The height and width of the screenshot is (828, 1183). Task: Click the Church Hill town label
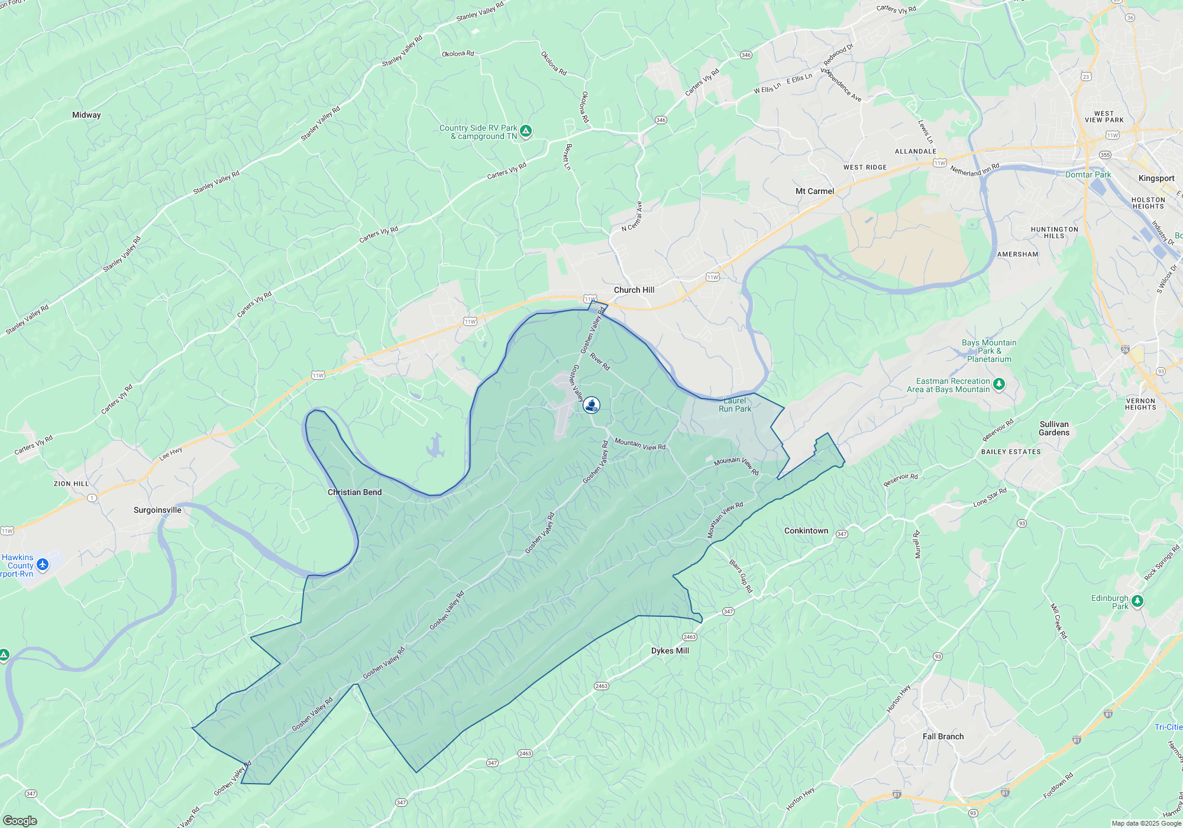pyautogui.click(x=634, y=290)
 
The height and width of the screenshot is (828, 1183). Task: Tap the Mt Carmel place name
pyautogui.click(x=814, y=191)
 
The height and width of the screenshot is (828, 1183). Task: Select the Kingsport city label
pyautogui.click(x=1156, y=178)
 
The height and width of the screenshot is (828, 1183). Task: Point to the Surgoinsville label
pyautogui.click(x=157, y=510)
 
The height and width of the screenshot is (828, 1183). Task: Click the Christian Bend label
pyautogui.click(x=354, y=492)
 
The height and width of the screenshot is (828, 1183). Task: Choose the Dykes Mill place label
pyautogui.click(x=670, y=651)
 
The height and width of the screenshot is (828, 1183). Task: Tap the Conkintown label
pyautogui.click(x=806, y=531)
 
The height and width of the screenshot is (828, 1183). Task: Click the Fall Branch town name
pyautogui.click(x=943, y=736)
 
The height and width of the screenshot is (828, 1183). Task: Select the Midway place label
pyautogui.click(x=86, y=115)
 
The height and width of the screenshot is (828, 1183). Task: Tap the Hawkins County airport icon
pyautogui.click(x=43, y=565)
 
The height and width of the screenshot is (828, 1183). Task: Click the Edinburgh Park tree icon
pyautogui.click(x=1137, y=601)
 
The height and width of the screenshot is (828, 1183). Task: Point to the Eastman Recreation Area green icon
pyautogui.click(x=999, y=384)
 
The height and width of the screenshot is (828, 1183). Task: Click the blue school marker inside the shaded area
pyautogui.click(x=591, y=405)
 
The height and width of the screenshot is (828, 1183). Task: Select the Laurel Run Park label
pyautogui.click(x=735, y=405)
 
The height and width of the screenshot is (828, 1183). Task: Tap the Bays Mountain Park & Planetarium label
pyautogui.click(x=989, y=351)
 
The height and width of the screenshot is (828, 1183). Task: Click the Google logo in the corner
pyautogui.click(x=20, y=820)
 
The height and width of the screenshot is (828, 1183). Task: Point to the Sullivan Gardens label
pyautogui.click(x=1054, y=428)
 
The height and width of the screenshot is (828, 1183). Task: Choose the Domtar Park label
pyautogui.click(x=1088, y=174)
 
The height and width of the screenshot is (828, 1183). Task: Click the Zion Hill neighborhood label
pyautogui.click(x=71, y=484)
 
